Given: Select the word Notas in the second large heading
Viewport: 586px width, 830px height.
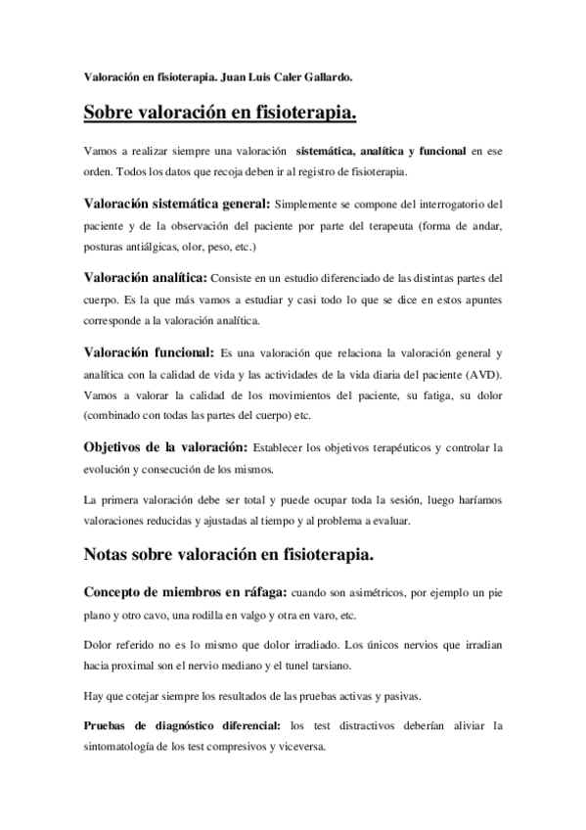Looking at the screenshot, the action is [x=113, y=557].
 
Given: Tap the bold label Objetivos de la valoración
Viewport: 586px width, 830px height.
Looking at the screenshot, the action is [x=165, y=447].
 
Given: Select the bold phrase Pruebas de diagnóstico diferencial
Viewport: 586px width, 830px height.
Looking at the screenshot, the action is [x=181, y=725].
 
